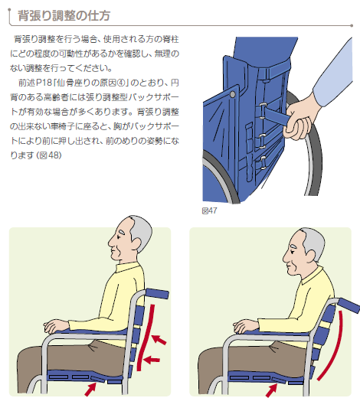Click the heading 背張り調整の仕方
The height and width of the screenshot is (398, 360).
click(x=64, y=15)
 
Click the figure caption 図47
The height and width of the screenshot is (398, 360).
click(x=209, y=210)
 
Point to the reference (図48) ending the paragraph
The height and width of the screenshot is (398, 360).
click(x=49, y=155)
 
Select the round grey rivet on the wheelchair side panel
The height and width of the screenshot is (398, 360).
click(x=232, y=94)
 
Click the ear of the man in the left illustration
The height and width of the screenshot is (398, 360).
click(x=136, y=243)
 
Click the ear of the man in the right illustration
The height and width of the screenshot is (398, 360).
click(x=310, y=256)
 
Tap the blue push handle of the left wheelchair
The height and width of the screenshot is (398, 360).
click(x=157, y=293)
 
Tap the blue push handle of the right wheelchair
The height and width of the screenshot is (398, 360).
click(x=349, y=305)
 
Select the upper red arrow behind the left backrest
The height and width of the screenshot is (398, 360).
click(x=159, y=339)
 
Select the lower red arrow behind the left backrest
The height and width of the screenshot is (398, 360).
click(x=152, y=360)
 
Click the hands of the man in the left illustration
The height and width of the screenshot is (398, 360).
click(x=56, y=326)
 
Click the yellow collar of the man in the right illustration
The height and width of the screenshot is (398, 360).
click(x=312, y=276)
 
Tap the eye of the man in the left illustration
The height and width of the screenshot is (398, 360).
click(x=120, y=233)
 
